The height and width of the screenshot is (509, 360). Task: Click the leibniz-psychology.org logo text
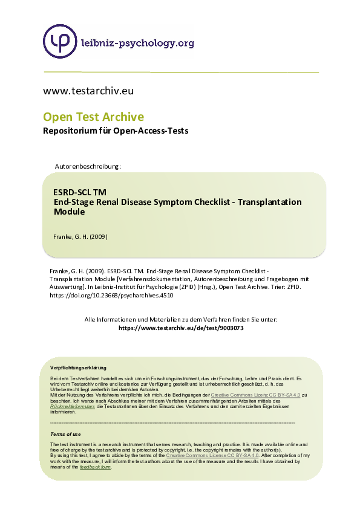(x=137, y=42)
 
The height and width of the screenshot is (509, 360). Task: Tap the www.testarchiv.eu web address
(x=88, y=91)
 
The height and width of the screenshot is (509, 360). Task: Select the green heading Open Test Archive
(x=93, y=117)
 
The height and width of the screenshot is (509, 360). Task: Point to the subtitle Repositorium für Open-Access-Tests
(x=116, y=131)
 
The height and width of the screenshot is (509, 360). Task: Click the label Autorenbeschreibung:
(x=88, y=166)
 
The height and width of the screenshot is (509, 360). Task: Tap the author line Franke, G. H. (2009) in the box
(x=80, y=236)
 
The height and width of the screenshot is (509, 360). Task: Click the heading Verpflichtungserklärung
(x=78, y=368)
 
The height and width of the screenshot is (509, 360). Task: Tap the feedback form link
(x=96, y=467)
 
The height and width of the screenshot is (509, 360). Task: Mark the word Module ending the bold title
(x=70, y=212)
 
